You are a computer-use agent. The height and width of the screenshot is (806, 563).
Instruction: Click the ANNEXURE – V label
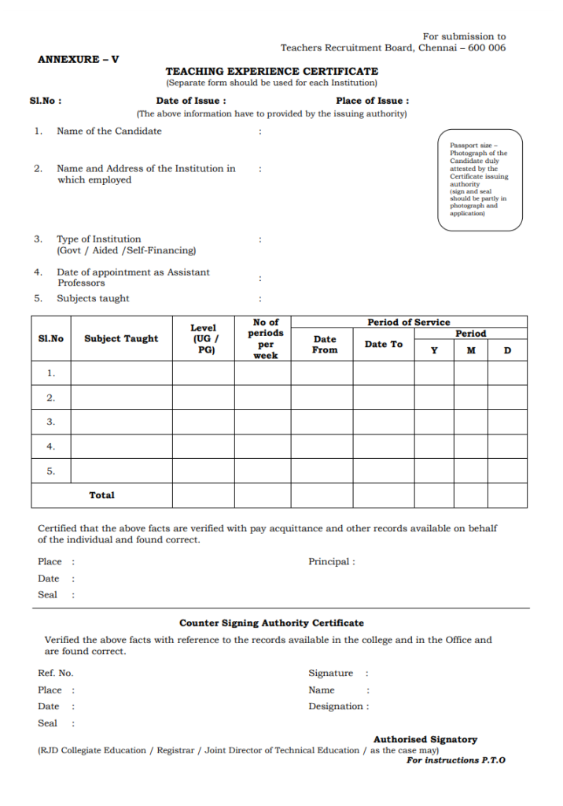(x=79, y=59)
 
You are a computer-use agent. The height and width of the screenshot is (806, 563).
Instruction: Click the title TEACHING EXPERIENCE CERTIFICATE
(x=271, y=71)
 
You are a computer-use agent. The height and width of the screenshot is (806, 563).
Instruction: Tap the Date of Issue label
(x=191, y=101)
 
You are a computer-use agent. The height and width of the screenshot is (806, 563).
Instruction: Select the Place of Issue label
(x=371, y=101)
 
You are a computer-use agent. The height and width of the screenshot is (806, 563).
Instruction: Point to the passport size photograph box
(x=480, y=180)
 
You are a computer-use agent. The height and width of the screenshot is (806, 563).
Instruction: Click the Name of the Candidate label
(x=109, y=131)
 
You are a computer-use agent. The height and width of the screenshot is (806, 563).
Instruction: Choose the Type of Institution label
(x=99, y=238)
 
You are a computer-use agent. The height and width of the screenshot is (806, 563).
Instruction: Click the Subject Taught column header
(x=121, y=338)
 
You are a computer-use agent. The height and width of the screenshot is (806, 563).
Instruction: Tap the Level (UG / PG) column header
(x=203, y=338)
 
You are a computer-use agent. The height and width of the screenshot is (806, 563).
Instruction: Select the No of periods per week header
(x=266, y=338)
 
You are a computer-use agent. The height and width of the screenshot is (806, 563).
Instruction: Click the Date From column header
(x=325, y=344)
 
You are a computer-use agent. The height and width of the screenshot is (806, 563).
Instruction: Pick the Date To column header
(x=383, y=344)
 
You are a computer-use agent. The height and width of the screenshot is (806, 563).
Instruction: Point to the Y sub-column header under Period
(x=434, y=350)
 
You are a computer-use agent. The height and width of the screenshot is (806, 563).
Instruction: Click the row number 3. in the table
(x=51, y=422)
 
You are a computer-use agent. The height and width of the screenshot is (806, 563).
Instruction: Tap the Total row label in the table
(x=101, y=495)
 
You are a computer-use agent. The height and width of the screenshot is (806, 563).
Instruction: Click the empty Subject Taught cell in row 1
(x=121, y=373)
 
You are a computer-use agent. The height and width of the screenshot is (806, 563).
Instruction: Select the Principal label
(x=331, y=561)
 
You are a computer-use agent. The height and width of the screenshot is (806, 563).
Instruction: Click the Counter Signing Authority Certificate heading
(x=271, y=623)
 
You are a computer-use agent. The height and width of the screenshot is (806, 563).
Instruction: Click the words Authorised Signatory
(x=425, y=739)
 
